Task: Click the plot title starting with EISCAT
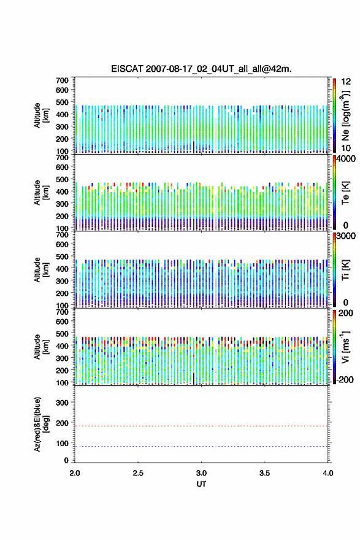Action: click(201, 69)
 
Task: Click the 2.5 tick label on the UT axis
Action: click(138, 473)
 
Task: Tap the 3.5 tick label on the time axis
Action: click(264, 473)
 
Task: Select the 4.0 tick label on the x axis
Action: click(327, 473)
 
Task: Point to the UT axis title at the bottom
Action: click(201, 484)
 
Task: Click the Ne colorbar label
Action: click(345, 116)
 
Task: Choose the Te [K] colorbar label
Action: click(345, 193)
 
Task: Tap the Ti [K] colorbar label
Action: click(345, 270)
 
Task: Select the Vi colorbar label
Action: click(345, 347)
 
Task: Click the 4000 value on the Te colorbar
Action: click(347, 159)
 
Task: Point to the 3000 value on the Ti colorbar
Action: click(347, 236)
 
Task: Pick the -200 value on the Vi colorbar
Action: click(345, 379)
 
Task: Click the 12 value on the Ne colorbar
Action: click(346, 82)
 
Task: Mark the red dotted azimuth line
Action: click(201, 426)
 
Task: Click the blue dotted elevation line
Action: click(201, 446)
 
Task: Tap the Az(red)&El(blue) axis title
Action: click(41, 424)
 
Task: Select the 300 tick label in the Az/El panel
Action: click(62, 403)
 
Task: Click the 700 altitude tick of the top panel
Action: click(62, 80)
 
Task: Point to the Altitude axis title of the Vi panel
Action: click(41, 347)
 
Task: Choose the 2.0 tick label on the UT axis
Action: click(75, 473)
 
